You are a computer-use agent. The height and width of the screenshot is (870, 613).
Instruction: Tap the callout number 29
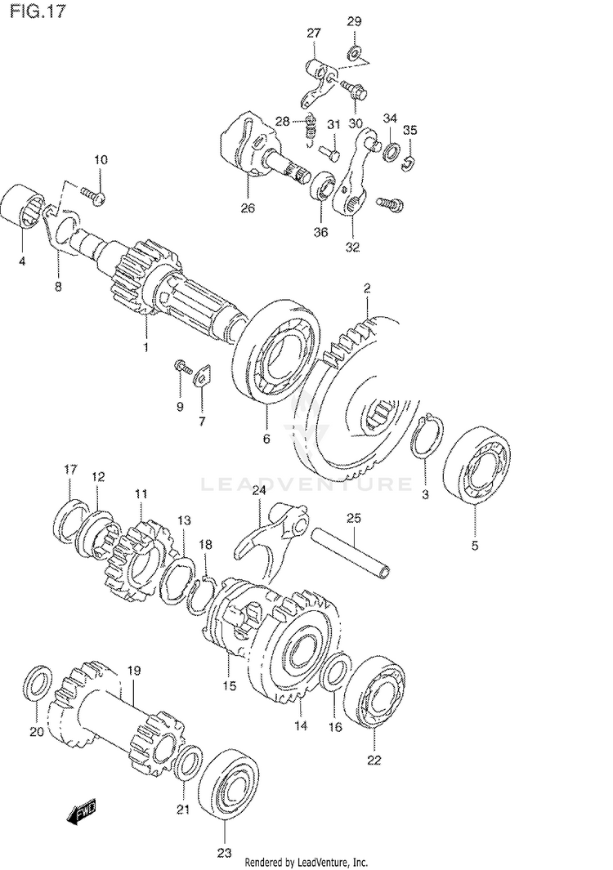coord(353,21)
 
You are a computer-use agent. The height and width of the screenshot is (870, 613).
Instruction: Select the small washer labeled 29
coord(354,54)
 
